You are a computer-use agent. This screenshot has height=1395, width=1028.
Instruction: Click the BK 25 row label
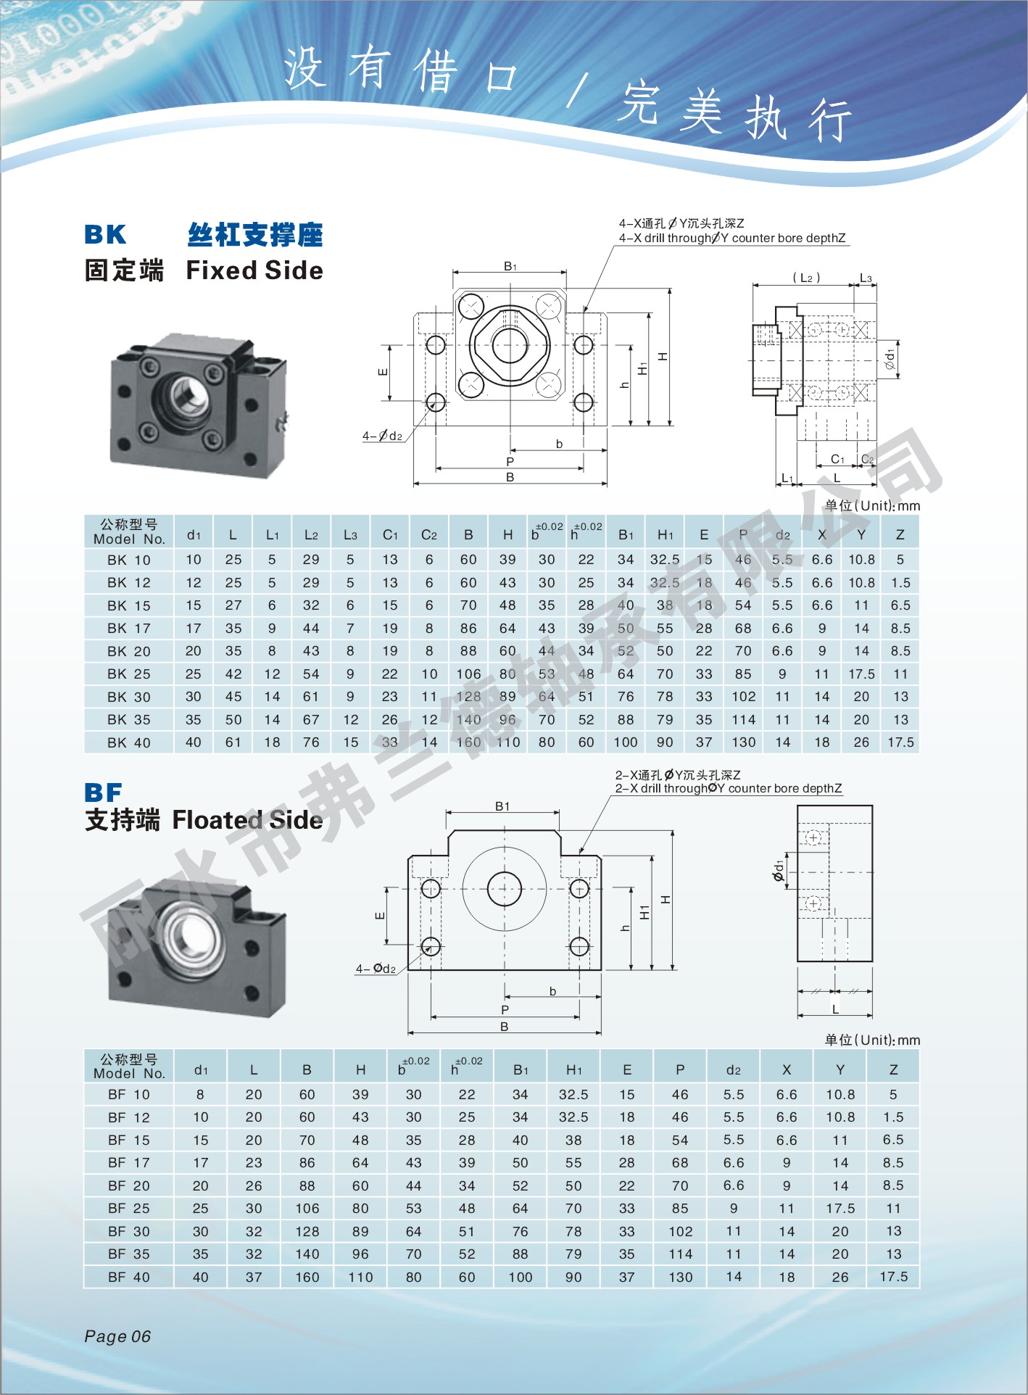[129, 674]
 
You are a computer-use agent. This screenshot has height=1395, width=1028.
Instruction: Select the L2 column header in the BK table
[311, 535]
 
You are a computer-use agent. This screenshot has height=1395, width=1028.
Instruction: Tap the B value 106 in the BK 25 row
[468, 674]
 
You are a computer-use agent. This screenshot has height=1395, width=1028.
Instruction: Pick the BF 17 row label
[129, 1162]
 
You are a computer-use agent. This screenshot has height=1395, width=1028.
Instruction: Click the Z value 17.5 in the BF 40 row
[893, 1276]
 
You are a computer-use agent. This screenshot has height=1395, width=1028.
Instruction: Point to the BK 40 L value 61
[233, 742]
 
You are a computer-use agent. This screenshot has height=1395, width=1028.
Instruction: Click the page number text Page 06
[117, 1336]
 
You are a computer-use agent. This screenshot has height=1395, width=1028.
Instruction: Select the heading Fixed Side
[254, 270]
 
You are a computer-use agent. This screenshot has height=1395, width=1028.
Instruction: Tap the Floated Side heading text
[247, 819]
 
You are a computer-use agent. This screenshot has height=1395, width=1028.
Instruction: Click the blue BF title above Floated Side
[103, 792]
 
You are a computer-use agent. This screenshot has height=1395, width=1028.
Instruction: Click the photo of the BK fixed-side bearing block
[197, 405]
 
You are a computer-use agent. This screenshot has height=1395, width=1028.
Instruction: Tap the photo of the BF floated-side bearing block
[196, 946]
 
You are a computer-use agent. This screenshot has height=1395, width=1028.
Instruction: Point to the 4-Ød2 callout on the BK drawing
[382, 436]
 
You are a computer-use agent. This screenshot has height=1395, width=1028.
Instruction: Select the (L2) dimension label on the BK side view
[806, 277]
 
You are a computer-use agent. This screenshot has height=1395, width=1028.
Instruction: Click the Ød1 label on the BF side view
[779, 870]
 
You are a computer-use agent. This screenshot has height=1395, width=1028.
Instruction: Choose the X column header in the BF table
[787, 1069]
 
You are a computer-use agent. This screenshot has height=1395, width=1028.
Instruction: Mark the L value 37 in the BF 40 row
[254, 1276]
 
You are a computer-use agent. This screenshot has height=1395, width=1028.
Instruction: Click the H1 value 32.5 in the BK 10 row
[665, 559]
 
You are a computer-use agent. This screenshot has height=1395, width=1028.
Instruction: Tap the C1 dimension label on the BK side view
[837, 459]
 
